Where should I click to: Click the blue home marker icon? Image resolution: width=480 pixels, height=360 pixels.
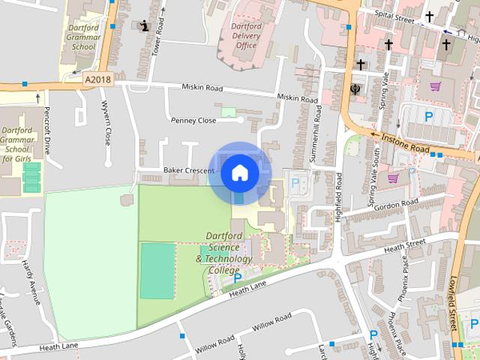[239, 172]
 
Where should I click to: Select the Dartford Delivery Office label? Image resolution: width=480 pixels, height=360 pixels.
[246, 34]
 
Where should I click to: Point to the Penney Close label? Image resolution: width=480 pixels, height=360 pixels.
[193, 120]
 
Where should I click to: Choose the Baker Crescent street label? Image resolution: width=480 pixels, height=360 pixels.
[188, 170]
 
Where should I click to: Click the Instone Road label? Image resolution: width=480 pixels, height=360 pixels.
[405, 144]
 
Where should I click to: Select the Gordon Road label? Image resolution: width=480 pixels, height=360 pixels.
[397, 205]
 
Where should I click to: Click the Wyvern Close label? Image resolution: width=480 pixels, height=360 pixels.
[106, 123]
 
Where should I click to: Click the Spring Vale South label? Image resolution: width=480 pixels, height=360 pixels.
[373, 179]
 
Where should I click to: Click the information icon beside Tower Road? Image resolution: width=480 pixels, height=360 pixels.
[144, 26]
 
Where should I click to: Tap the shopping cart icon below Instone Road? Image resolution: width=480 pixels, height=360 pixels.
[392, 178]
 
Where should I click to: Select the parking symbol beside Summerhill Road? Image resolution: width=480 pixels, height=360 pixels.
[295, 182]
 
